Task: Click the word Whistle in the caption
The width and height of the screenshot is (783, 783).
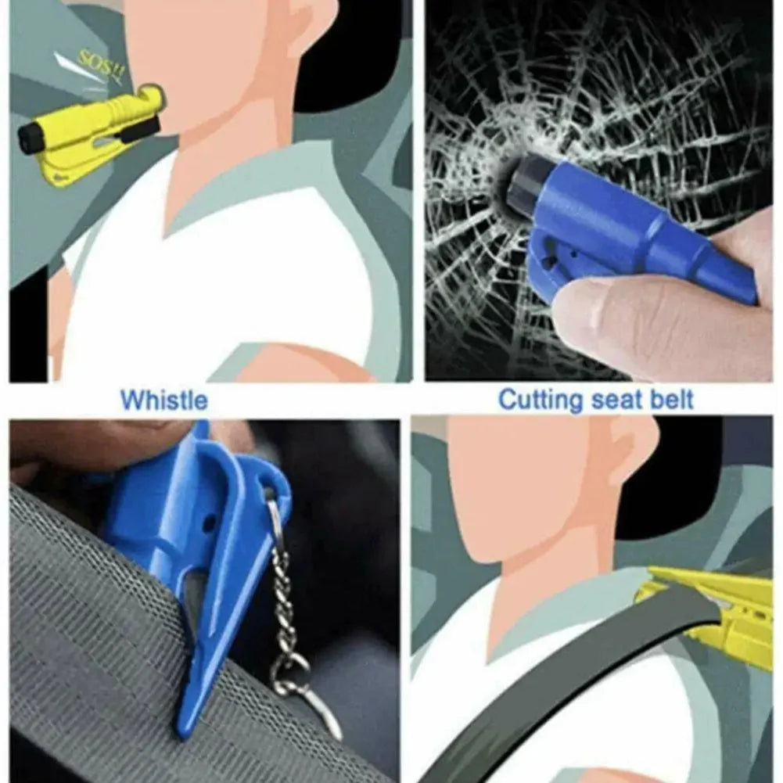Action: [x=164, y=400]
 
